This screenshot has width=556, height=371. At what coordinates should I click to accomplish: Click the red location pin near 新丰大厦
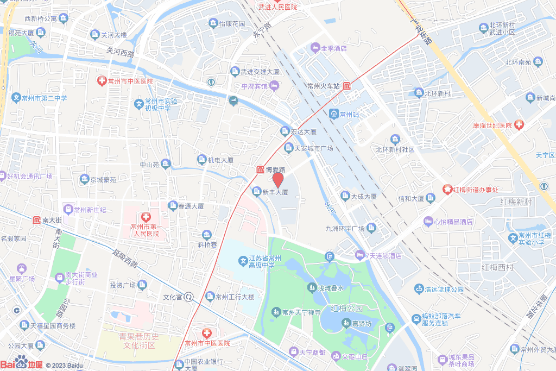click(x=277, y=179)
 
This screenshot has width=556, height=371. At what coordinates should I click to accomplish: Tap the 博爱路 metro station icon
click(x=260, y=169)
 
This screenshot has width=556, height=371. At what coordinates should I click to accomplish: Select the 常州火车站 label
click(x=323, y=86)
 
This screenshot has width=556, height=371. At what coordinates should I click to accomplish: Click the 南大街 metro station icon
click(x=36, y=220)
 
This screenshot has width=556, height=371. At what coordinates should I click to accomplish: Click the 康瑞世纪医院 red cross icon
click(x=519, y=125)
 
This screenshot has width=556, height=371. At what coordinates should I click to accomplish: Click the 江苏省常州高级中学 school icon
click(x=243, y=262)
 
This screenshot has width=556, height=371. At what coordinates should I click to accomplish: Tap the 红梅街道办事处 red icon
click(x=447, y=189)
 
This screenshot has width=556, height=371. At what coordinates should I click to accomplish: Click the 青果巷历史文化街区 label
click(x=140, y=341)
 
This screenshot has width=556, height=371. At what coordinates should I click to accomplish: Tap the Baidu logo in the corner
click(x=21, y=363)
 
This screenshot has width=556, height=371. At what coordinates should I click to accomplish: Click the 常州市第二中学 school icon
click(x=16, y=98)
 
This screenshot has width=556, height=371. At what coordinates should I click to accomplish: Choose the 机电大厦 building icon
click(x=202, y=160)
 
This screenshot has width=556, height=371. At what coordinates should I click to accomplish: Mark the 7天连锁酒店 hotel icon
click(x=359, y=255)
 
